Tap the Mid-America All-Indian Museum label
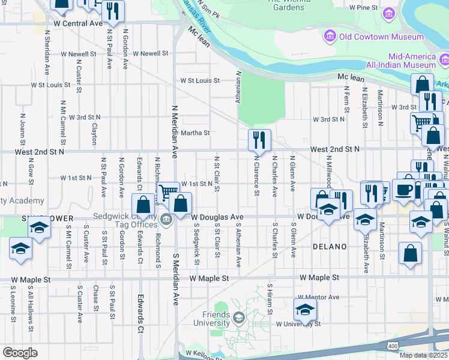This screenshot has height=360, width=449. [x=401, y=59]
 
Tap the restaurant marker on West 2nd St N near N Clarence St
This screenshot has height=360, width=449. [x=259, y=140]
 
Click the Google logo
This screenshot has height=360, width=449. [x=20, y=353]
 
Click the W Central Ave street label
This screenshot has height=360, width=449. [x=78, y=23]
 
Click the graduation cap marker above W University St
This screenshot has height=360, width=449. [x=305, y=310]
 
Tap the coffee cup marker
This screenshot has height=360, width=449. [x=404, y=189]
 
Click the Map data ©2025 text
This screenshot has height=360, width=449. [x=423, y=355]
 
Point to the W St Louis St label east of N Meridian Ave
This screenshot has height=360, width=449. [x=200, y=80]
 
